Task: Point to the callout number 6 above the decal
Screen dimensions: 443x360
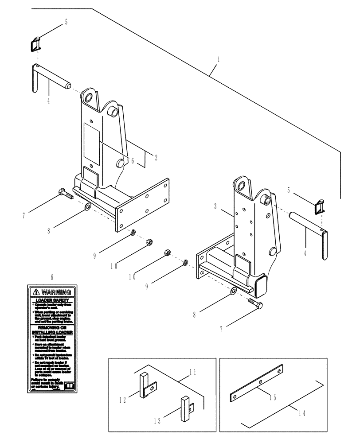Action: click(52, 277)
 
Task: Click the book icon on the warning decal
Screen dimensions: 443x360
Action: click(68, 386)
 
